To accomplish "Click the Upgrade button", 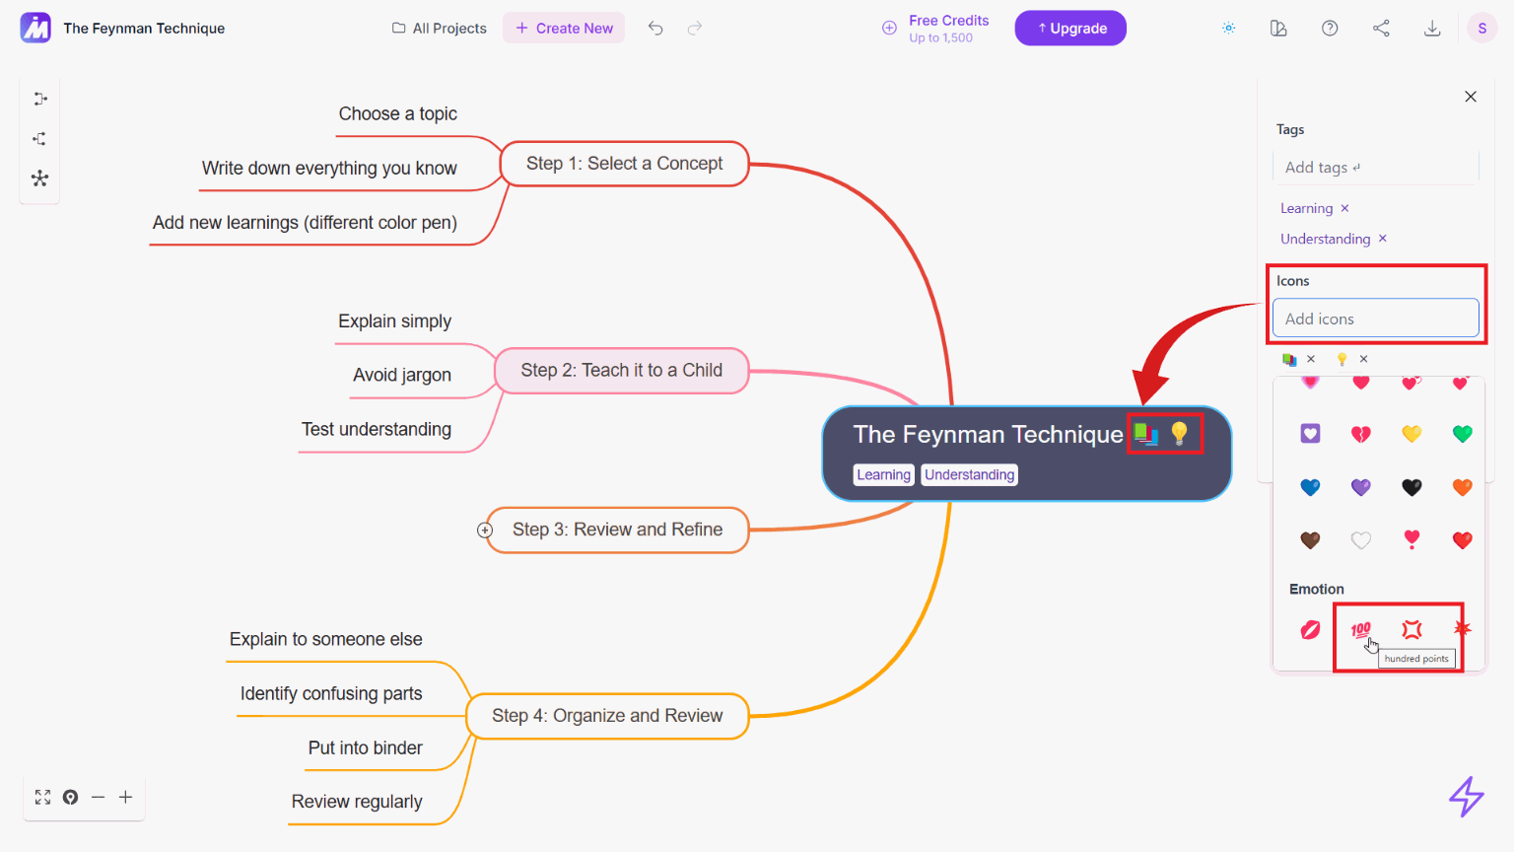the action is pos(1069,29).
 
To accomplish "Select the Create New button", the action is pos(564,29).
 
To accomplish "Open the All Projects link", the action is pos(440,29).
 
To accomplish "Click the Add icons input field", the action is pos(1375,318).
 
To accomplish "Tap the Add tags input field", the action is pos(1375,167).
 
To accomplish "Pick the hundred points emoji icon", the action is pos(1360,630).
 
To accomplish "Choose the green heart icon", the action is pos(1462,434).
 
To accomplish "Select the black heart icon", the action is pos(1411,487).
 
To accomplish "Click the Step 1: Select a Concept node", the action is pos(625,164).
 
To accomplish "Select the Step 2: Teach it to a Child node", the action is pos(622,371).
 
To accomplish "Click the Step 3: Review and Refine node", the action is pos(617,530).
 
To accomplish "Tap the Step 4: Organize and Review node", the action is pos(607,715).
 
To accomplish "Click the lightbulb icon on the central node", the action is pos(1180,434).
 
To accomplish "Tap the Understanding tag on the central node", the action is pos(969,474).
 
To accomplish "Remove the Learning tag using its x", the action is pos(1345,208).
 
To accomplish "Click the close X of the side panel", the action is pos(1471,97).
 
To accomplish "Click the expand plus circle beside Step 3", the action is pos(485,531).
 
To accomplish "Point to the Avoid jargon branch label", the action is pos(402,375).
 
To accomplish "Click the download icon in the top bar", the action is pos(1432,29).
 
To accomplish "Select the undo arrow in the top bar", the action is pos(654,29).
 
